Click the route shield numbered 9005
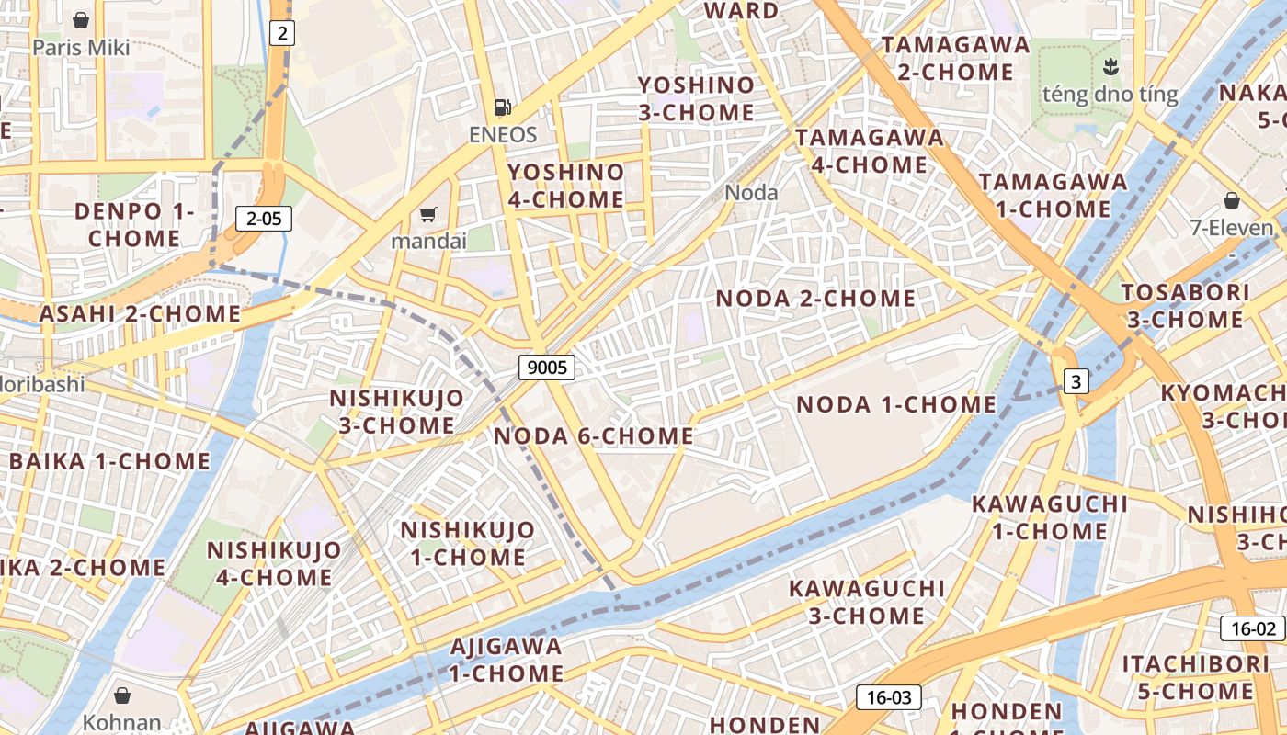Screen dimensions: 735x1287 pyautogui.click(x=546, y=368)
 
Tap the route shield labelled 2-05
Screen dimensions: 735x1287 pyautogui.click(x=264, y=219)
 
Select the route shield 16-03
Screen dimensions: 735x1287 pyautogui.click(x=888, y=697)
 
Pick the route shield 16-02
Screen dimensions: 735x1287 pyautogui.click(x=1252, y=628)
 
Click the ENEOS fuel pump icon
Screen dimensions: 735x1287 pyautogui.click(x=502, y=107)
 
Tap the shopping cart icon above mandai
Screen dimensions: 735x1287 pyautogui.click(x=427, y=215)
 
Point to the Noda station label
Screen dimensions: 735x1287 pyautogui.click(x=751, y=193)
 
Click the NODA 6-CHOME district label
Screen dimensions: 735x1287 pyautogui.click(x=594, y=436)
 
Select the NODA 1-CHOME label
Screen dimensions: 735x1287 pyautogui.click(x=896, y=404)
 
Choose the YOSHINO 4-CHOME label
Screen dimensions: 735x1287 pyautogui.click(x=566, y=186)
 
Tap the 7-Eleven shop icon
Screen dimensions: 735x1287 pyautogui.click(x=1232, y=200)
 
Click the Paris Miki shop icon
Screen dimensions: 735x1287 pyautogui.click(x=81, y=20)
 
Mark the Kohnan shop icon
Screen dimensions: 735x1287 pyautogui.click(x=122, y=695)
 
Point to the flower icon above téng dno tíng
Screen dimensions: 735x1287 pyautogui.click(x=1110, y=66)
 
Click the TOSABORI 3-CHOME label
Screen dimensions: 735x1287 pyautogui.click(x=1185, y=306)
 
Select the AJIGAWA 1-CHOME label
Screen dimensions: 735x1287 pyautogui.click(x=507, y=660)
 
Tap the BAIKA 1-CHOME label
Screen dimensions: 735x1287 pyautogui.click(x=109, y=461)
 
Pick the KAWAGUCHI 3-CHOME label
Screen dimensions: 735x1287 pyautogui.click(x=867, y=602)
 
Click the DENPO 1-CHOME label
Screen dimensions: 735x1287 pyautogui.click(x=134, y=225)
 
